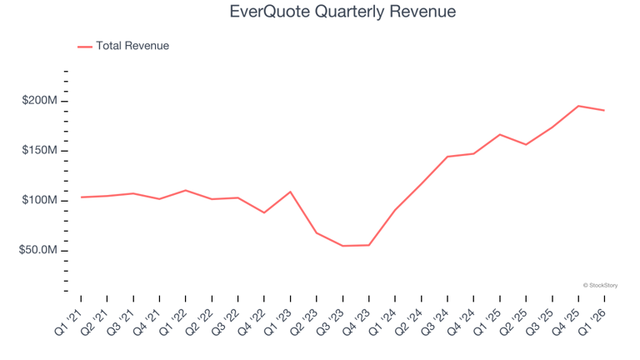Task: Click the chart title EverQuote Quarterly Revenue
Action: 342,12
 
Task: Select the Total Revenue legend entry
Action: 123,46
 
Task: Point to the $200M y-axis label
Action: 40,100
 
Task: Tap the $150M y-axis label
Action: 40,150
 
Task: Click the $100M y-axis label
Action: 40,200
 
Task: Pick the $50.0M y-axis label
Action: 38,250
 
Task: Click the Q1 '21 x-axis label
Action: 68,322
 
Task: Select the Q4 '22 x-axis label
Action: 252,322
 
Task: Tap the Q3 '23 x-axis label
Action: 330,322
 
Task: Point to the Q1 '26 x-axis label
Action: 592,322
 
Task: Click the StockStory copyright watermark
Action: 600,285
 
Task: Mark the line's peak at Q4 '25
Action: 578,106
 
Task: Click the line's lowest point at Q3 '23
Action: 342,246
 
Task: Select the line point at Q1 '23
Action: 290,192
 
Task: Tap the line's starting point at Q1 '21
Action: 81,197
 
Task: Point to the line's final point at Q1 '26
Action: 604,110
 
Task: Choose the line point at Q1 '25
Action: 500,135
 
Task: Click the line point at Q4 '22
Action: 264,212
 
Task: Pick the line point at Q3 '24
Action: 447,157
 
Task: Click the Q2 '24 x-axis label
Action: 409,322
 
